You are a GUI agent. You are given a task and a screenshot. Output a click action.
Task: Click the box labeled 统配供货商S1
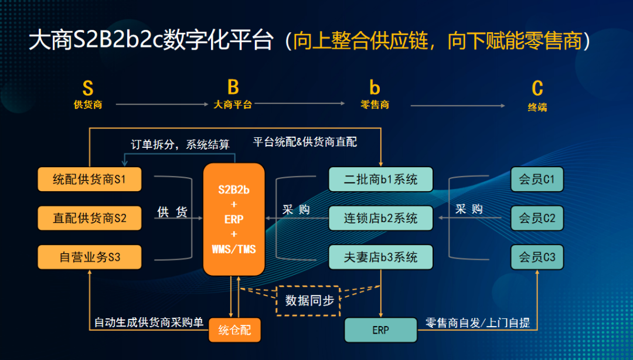[x=90, y=179]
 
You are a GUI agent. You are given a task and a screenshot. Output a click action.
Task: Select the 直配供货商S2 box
[x=90, y=218]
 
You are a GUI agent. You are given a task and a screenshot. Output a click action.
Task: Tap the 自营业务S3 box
[x=90, y=257]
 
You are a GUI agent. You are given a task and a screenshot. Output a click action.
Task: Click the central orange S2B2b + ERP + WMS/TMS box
[x=234, y=219]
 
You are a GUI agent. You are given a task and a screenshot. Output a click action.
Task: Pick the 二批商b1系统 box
[x=380, y=179]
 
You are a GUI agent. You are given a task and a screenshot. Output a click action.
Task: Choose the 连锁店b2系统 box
[x=380, y=218]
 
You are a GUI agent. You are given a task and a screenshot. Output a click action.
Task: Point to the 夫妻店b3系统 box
[x=380, y=257]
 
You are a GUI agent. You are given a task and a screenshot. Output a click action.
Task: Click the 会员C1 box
[x=537, y=179]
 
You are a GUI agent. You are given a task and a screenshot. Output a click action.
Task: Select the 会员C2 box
[x=537, y=218]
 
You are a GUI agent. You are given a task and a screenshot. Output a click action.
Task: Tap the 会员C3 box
[x=537, y=257]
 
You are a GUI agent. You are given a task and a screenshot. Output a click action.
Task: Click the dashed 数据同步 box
[x=309, y=300]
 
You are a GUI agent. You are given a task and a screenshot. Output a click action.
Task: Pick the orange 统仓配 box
[x=234, y=330]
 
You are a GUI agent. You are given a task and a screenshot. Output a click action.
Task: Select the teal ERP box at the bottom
[x=380, y=330]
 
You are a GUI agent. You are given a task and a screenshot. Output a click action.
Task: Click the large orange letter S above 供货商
[x=88, y=89]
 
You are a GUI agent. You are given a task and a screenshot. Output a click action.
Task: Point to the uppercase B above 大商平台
[x=233, y=87]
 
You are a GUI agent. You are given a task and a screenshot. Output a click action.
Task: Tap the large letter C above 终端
[x=537, y=89]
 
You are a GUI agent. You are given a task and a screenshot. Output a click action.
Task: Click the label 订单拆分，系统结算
[x=179, y=144]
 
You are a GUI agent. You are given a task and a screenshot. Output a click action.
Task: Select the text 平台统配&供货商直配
[x=305, y=142]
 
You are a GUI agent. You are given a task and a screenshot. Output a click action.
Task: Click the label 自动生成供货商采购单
[x=149, y=322]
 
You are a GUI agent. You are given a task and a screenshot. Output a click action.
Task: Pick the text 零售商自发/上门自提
[x=477, y=322]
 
